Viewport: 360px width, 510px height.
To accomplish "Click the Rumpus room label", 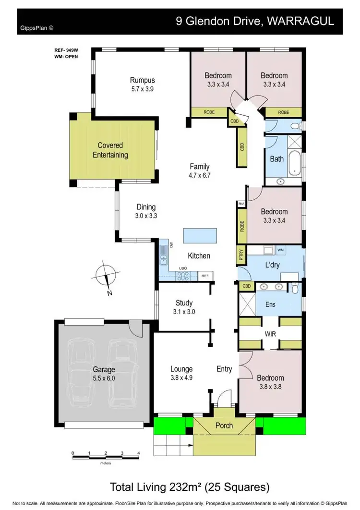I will [142, 80].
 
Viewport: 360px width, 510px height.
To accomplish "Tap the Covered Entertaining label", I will [110, 150].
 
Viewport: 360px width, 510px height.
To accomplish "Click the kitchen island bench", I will [199, 235].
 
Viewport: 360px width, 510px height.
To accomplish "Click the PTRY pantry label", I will [241, 255].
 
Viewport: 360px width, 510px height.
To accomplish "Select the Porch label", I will [224, 425].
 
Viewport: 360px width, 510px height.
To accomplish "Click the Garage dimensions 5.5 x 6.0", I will [104, 378].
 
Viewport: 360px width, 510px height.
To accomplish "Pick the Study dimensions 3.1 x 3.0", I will [184, 312].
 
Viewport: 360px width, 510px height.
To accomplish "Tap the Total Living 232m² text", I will [189, 487].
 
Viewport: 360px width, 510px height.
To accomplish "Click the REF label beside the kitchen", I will [205, 276].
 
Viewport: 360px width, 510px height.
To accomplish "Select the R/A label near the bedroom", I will [241, 204].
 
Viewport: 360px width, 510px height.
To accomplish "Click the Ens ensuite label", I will [270, 304].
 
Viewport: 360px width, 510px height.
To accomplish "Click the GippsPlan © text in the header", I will [37, 28].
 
